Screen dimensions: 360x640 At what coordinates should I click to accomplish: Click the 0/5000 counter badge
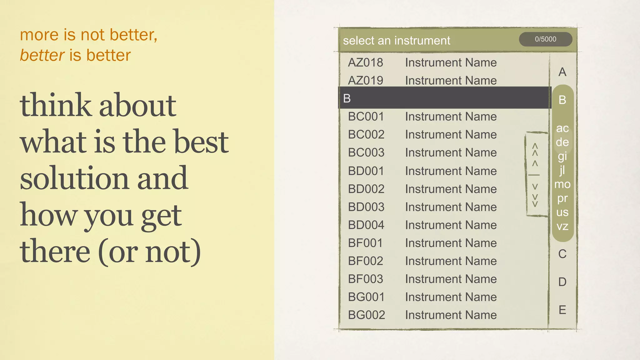[x=545, y=39]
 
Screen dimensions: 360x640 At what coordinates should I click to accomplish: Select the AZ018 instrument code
[x=365, y=62]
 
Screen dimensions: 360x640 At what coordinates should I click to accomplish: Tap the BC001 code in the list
[x=366, y=117]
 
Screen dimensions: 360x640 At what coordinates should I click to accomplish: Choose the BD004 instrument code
[x=366, y=225]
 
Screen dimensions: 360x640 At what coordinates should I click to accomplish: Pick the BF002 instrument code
[x=365, y=261]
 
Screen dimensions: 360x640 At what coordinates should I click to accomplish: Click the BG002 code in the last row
[x=366, y=315]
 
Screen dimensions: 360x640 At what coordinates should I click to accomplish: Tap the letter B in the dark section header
[x=347, y=98]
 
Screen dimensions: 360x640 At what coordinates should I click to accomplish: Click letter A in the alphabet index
[x=562, y=72]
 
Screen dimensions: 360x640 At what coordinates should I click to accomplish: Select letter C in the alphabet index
[x=562, y=254]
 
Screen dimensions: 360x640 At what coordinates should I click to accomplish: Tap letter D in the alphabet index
[x=562, y=282]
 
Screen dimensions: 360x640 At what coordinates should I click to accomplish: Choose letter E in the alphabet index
[x=562, y=310]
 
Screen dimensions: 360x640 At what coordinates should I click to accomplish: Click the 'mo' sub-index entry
[x=562, y=184]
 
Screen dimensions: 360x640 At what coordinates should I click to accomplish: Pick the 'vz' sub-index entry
[x=562, y=226]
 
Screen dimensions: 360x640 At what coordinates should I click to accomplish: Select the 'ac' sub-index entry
[x=562, y=128]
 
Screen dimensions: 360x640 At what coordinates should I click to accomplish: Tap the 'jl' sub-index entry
[x=562, y=170]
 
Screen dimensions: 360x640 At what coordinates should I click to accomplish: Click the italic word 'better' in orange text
[x=42, y=55]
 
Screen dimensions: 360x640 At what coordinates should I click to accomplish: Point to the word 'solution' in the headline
[x=74, y=178]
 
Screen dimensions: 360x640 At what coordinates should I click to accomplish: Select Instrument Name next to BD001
[x=451, y=171]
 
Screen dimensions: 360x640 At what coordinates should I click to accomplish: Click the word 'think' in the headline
[x=55, y=105]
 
